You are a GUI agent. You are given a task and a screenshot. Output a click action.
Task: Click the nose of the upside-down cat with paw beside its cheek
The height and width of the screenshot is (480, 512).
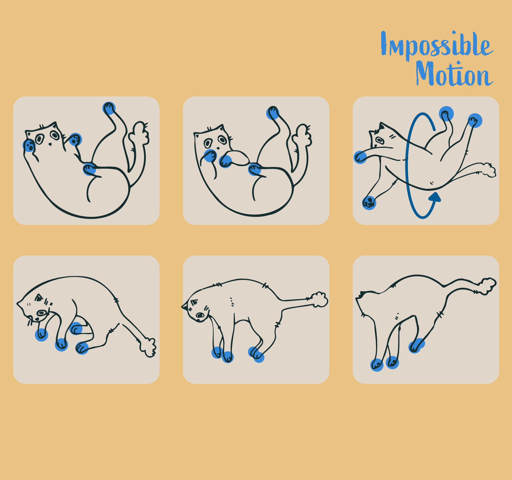pos(50,144)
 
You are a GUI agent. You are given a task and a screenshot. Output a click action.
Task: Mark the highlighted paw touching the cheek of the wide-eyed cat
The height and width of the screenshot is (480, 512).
pos(29,145)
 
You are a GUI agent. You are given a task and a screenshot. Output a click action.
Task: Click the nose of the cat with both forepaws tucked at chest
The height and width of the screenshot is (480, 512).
pos(218,148)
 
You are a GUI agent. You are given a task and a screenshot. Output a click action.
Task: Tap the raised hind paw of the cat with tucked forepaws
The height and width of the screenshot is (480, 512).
pos(273,113)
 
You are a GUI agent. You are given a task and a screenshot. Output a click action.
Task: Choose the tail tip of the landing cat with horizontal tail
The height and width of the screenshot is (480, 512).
pos(319,300)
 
